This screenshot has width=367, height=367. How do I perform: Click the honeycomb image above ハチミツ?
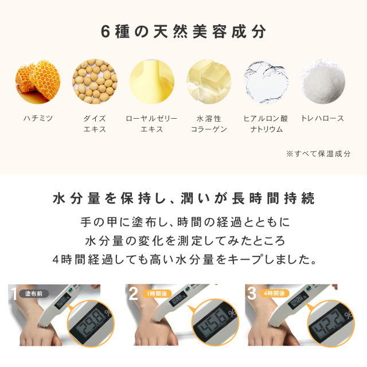point(38,81)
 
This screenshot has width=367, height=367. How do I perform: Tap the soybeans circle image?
point(95,81)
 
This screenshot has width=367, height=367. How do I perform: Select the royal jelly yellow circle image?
point(152,81)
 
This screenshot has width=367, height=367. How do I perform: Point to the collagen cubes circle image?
point(209,81)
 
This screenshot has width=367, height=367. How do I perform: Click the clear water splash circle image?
point(266,81)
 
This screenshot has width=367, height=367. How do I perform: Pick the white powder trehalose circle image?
point(323,81)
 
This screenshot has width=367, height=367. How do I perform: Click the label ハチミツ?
point(38,118)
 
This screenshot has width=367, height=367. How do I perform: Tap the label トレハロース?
point(323,118)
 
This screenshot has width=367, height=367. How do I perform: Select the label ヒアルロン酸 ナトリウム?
point(266,124)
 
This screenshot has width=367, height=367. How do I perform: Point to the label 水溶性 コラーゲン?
point(209,124)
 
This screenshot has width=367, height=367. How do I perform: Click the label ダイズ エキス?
point(95,124)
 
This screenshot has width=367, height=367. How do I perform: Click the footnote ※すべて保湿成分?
point(319,154)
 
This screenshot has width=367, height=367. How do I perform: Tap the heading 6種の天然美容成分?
point(183,32)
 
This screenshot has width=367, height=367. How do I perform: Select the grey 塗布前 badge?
point(34,294)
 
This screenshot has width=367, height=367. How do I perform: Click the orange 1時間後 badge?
point(157,294)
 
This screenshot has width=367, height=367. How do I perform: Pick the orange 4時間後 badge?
point(275,294)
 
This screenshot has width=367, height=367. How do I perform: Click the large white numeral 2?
point(134,294)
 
